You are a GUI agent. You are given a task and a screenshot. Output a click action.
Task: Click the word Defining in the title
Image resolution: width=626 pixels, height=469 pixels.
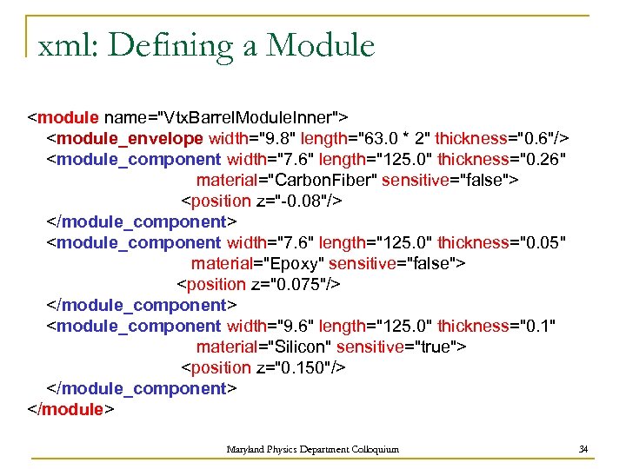click(x=165, y=44)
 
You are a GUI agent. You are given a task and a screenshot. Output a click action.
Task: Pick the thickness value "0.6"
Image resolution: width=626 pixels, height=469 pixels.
click(x=536, y=138)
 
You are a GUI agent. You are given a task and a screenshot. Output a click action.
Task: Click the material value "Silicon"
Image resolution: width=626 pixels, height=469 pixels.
click(x=296, y=347)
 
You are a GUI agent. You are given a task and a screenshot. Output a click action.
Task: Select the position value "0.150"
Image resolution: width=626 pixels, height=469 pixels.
click(x=307, y=367)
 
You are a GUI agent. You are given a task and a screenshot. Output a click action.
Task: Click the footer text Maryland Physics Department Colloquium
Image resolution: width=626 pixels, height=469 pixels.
click(x=313, y=449)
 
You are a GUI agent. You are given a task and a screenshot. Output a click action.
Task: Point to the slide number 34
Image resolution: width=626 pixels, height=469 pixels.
click(x=584, y=449)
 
